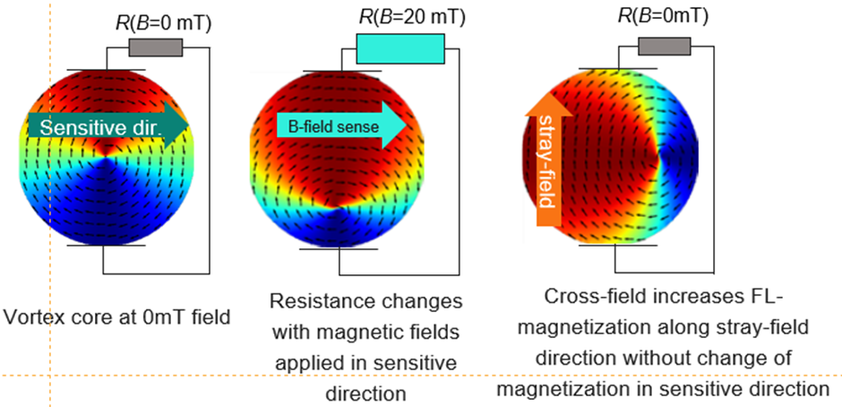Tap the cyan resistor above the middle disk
pyautogui.click(x=400, y=49)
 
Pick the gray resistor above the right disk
pyautogui.click(x=664, y=47)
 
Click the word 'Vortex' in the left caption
pyautogui.click(x=29, y=316)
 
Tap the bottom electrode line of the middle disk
pyautogui.click(x=339, y=248)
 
